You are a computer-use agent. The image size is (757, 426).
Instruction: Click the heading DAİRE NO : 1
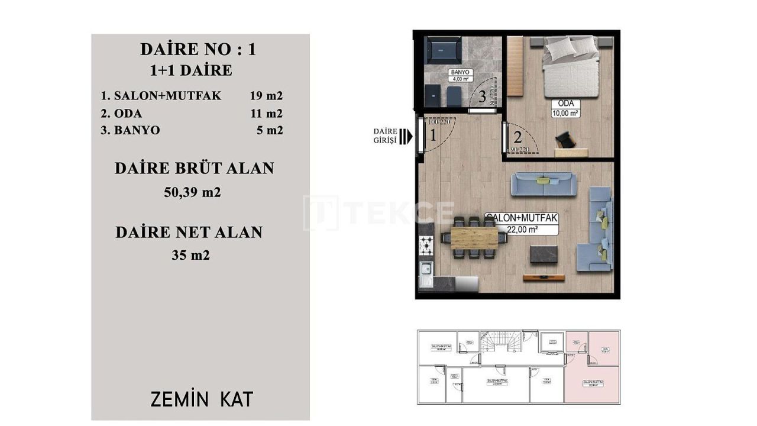tap(198, 49)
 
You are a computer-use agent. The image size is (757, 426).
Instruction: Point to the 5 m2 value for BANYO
tap(269, 130)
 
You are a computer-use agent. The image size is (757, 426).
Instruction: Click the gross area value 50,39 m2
tap(192, 192)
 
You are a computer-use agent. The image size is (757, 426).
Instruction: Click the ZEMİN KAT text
tap(202, 399)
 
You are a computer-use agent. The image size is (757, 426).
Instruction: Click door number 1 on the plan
tap(432, 135)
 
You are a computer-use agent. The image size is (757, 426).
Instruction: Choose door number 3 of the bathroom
tap(482, 96)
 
